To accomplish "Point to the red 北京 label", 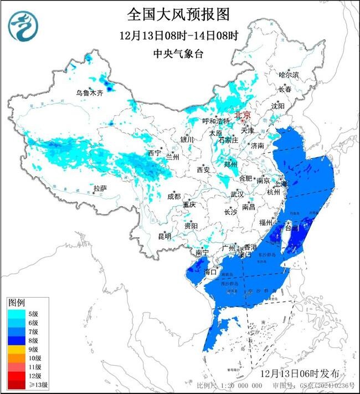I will (243, 115).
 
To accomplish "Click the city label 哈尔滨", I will (289, 74).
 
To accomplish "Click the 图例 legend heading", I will (16, 303).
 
